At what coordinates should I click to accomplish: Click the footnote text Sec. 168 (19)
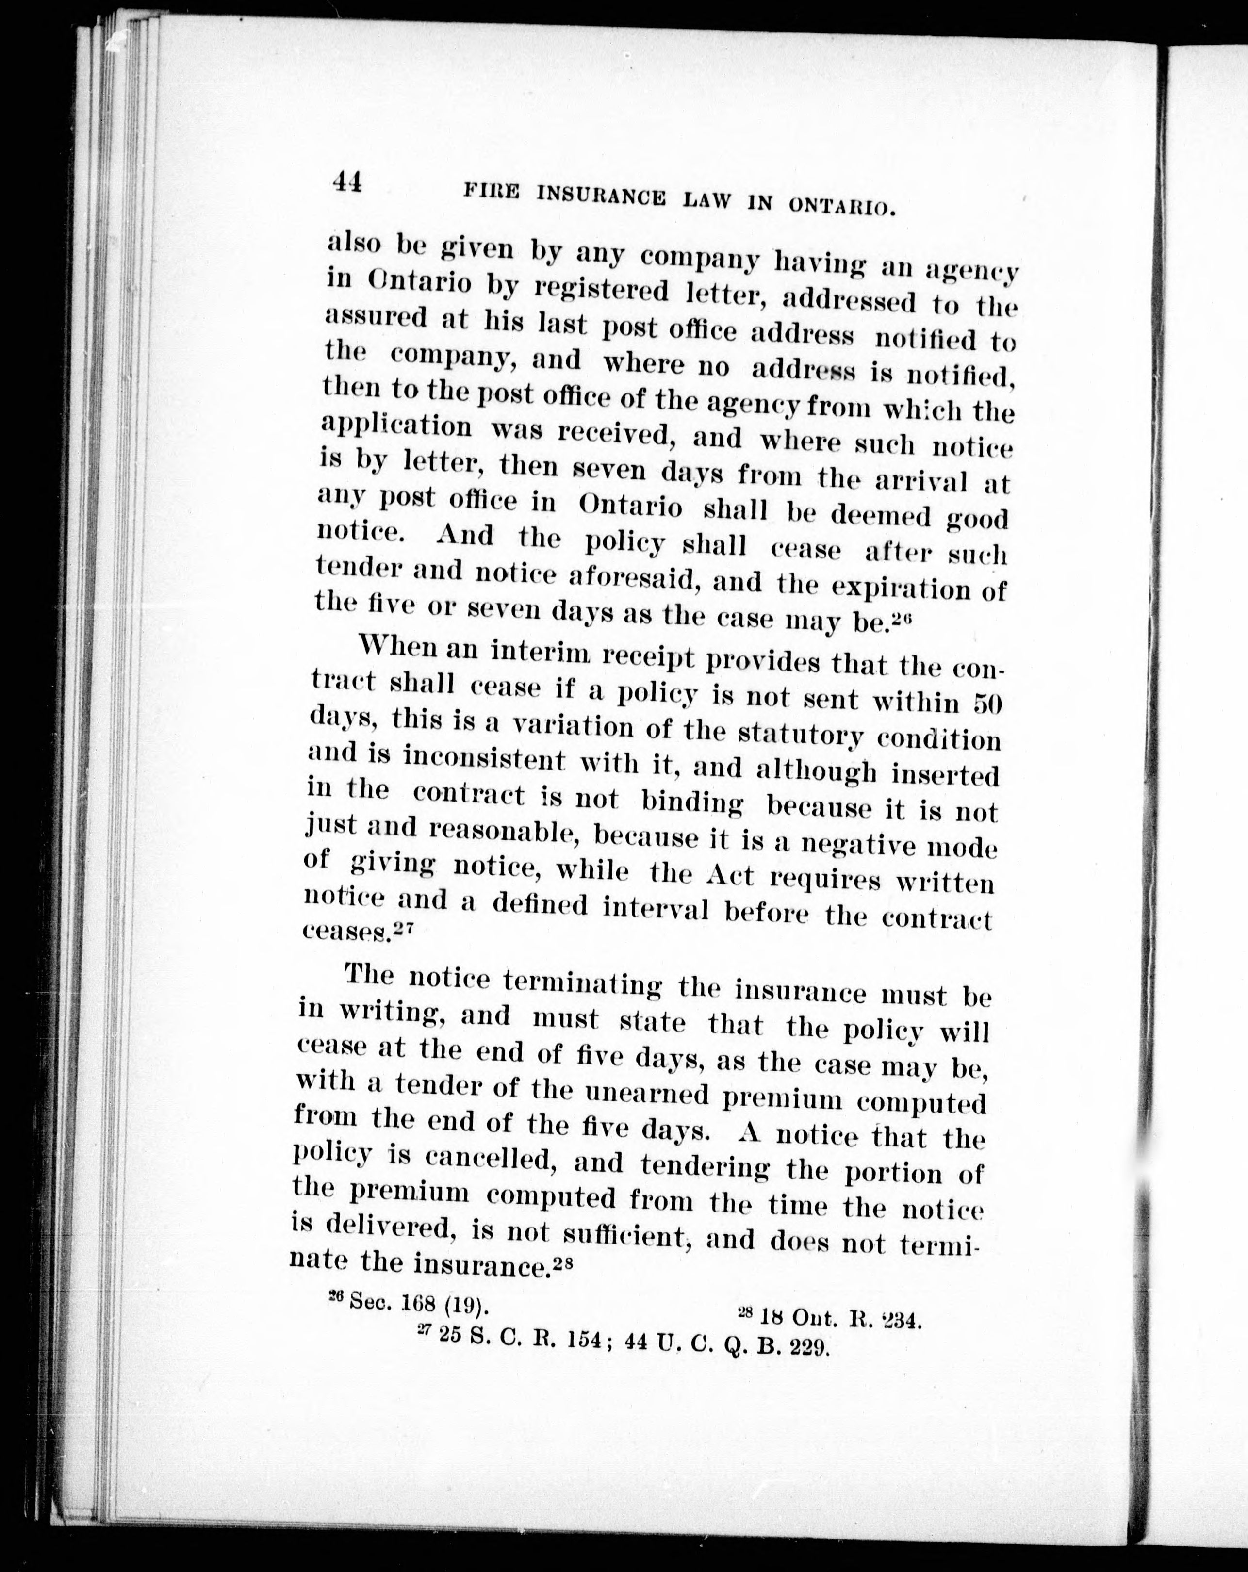[413, 1302]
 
